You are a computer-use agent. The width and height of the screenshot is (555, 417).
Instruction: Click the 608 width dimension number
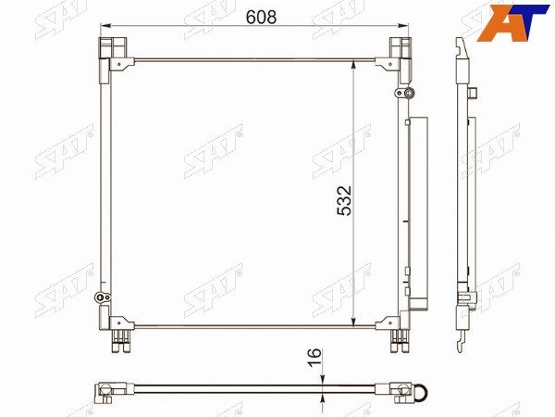pyautogui.click(x=261, y=17)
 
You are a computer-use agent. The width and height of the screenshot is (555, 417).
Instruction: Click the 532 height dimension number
pyautogui.click(x=344, y=201)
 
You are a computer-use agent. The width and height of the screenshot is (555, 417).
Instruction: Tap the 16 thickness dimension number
pyautogui.click(x=314, y=358)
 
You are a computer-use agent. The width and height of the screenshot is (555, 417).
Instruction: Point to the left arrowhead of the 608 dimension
pyautogui.click(x=105, y=26)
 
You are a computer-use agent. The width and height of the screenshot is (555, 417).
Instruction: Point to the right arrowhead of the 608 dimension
pyautogui.click(x=402, y=26)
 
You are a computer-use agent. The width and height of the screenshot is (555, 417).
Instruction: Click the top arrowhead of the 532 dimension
pyautogui.click(x=353, y=66)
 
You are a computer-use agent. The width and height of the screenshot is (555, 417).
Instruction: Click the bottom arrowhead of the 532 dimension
pyautogui.click(x=353, y=320)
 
